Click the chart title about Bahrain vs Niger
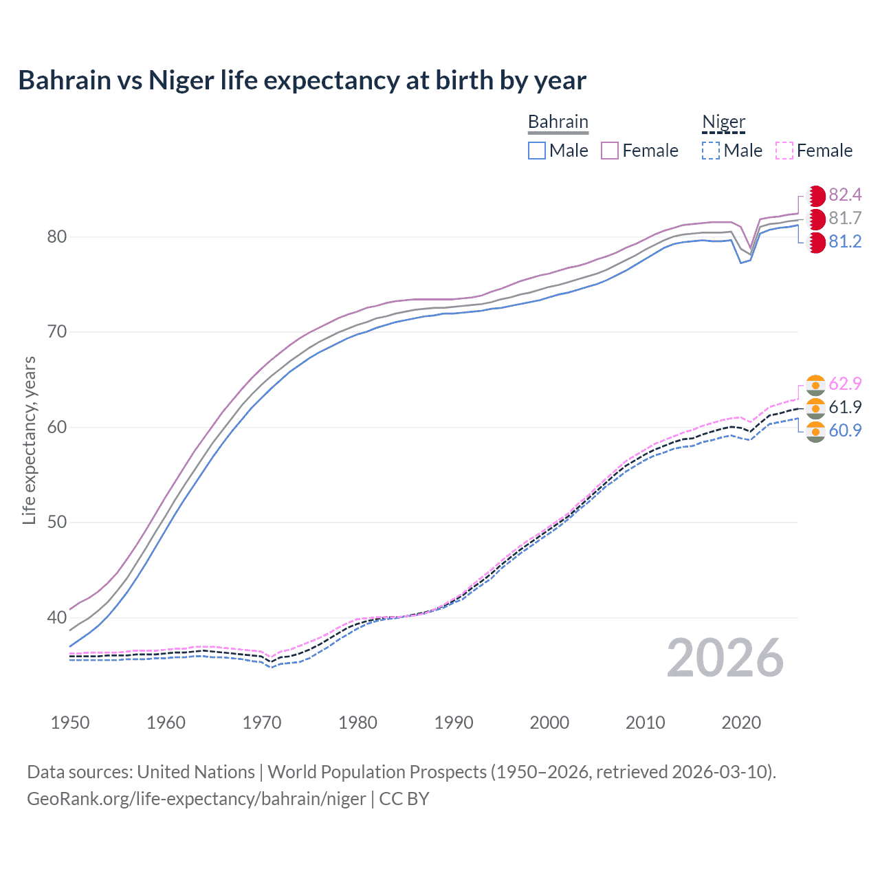302,80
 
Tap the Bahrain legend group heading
558,122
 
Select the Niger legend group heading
723,122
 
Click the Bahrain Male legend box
537,151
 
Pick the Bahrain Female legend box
610,151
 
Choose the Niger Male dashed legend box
711,151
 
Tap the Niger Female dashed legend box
784,151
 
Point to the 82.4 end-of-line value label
845,195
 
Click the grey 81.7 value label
845,219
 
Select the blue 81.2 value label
845,242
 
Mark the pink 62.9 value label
845,384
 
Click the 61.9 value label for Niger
845,407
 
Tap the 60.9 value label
845,430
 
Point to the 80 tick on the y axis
56,237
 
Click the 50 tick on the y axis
56,522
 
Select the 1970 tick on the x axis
262,723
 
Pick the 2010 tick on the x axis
645,723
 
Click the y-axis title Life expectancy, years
29,440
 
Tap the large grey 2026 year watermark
725,658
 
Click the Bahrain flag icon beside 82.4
816,195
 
